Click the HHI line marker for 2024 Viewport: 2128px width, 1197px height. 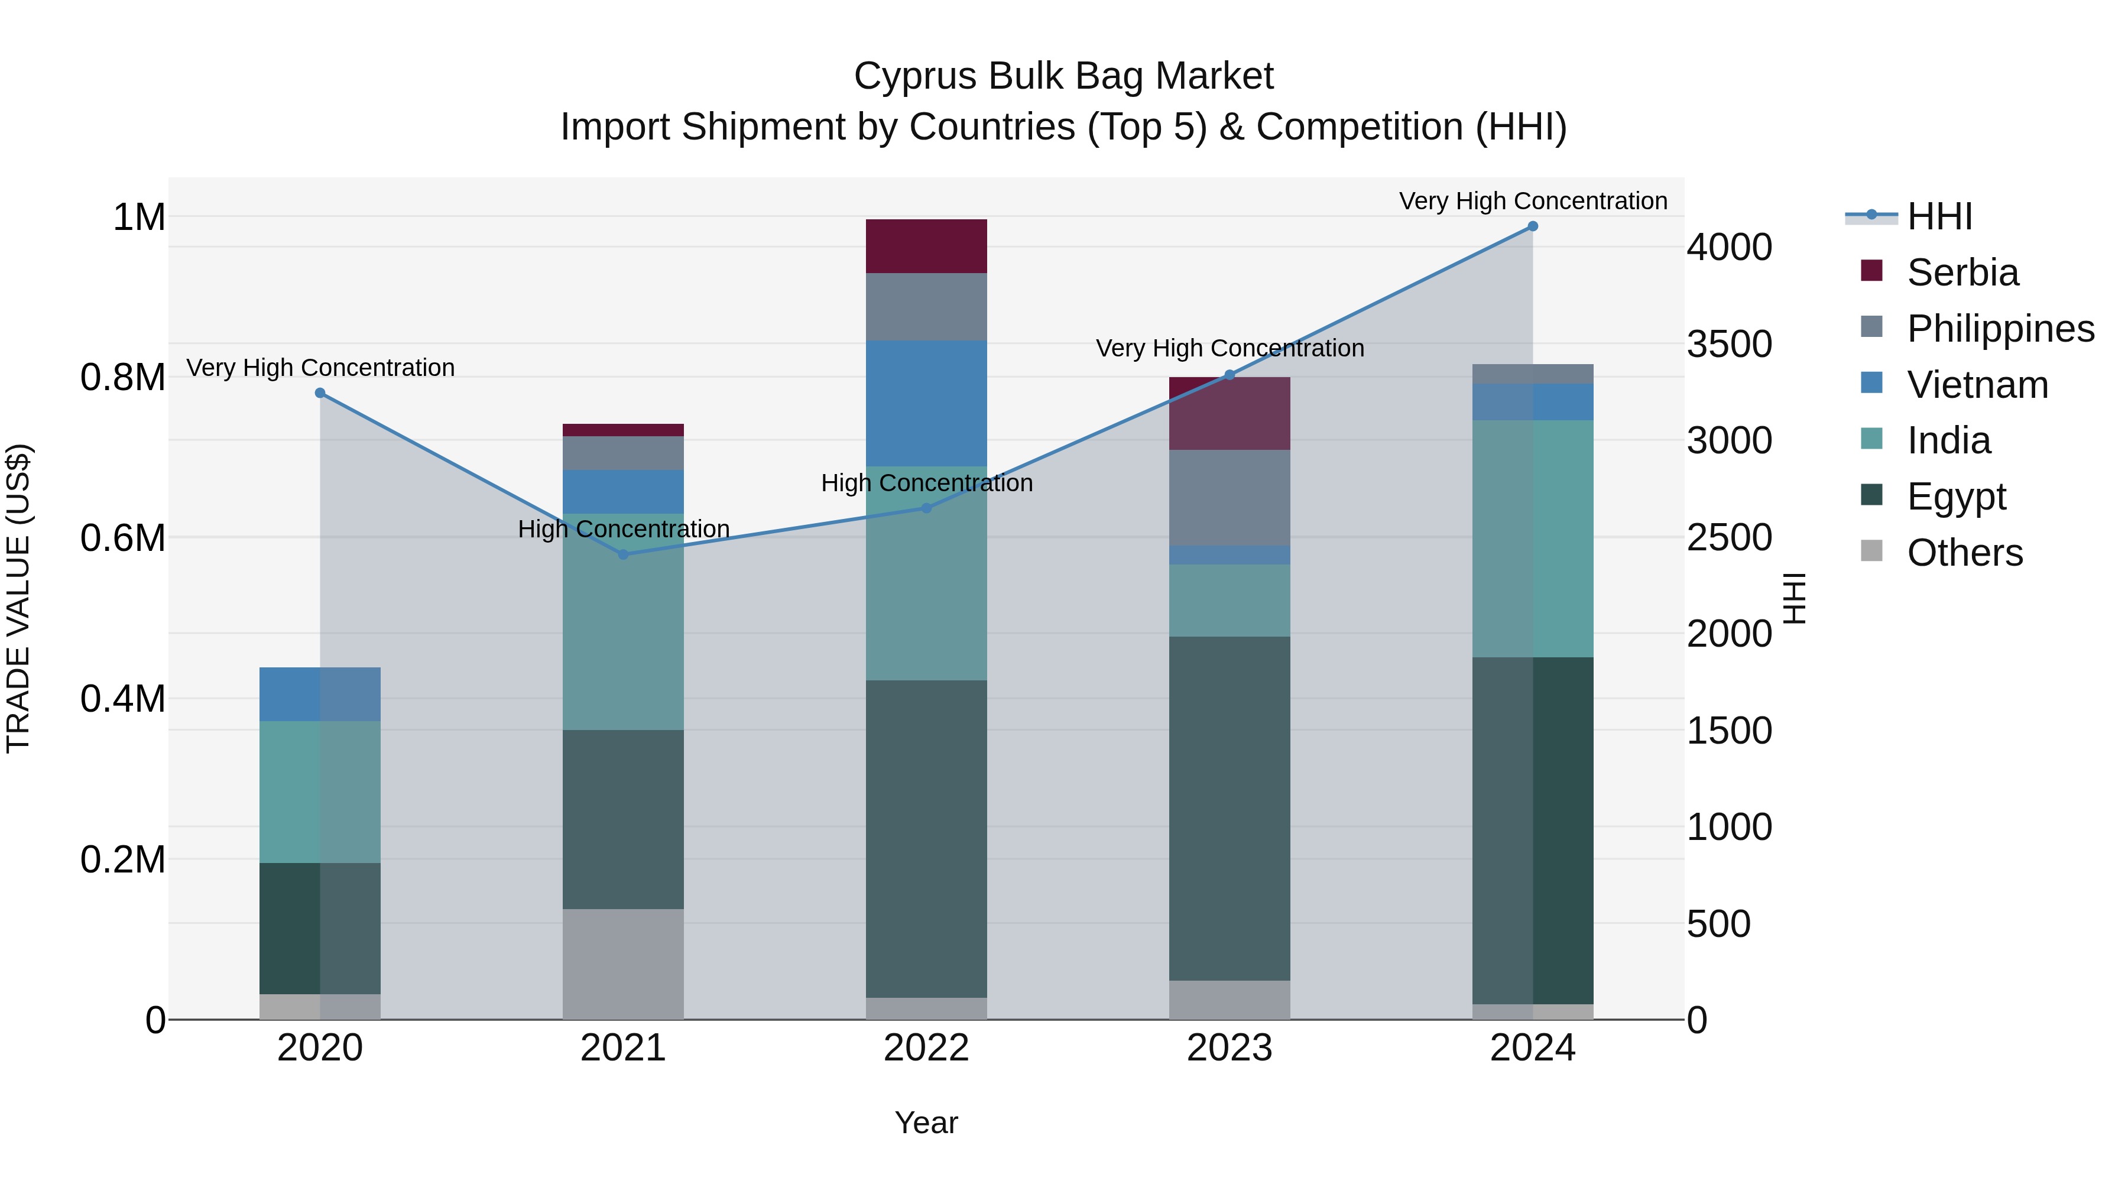1532,226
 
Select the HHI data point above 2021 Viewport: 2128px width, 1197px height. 624,554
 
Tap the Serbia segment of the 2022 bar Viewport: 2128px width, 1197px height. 926,246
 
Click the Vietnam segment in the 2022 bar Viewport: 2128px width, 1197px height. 926,403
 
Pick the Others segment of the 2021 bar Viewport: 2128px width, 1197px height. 624,964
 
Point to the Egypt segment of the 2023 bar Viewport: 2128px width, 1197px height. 1230,808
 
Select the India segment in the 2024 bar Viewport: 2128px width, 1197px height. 1532,539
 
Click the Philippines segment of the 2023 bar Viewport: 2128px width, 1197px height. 1230,497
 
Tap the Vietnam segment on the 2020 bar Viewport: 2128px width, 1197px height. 320,694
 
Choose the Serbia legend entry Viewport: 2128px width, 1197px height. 1962,273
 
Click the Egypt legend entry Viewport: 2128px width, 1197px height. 1955,497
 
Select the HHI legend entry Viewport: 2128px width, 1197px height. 1939,216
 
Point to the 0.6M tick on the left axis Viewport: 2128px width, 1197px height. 123,538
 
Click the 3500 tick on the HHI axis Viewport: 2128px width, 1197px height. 1728,343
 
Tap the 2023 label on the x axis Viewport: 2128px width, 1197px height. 1230,1048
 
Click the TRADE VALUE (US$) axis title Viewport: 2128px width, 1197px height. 18,598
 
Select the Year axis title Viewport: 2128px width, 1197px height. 926,1123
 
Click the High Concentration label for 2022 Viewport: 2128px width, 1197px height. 926,484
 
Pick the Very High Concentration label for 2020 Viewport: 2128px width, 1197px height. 320,368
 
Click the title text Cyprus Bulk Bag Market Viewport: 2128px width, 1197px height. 1063,76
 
